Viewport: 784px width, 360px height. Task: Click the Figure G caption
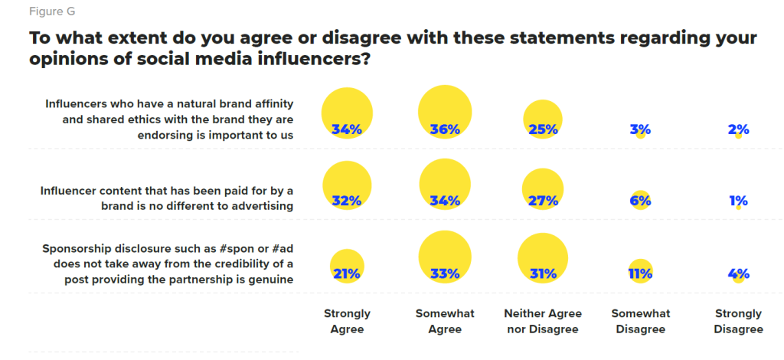(x=51, y=12)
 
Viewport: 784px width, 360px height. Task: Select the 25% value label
(x=543, y=129)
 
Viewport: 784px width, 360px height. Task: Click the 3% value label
(x=640, y=129)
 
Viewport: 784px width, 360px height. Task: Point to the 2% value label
(x=738, y=129)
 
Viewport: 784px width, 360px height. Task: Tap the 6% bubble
(x=641, y=201)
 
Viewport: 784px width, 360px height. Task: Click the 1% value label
(x=738, y=201)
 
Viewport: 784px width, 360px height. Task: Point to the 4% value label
(x=738, y=273)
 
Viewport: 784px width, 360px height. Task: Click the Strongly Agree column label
(x=347, y=322)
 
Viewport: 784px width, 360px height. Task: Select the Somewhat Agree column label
(x=445, y=322)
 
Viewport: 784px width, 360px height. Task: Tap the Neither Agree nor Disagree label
(x=543, y=322)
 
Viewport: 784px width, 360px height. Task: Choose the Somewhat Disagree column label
(x=640, y=322)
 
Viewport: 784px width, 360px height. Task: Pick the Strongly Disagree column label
(x=738, y=322)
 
